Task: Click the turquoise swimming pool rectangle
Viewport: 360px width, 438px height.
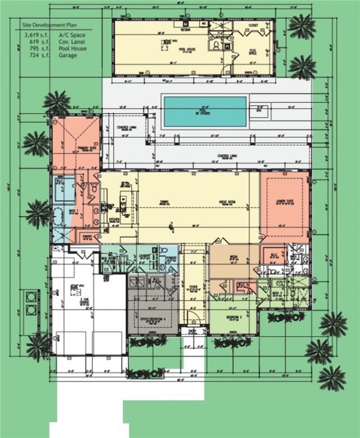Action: click(x=205, y=111)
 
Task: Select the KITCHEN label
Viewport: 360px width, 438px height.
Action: click(x=114, y=220)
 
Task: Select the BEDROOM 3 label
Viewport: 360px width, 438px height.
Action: click(x=234, y=317)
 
